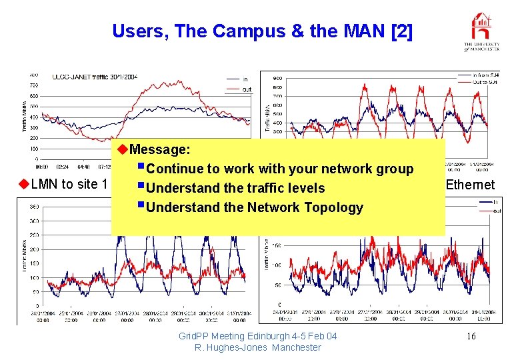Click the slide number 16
tap(471, 336)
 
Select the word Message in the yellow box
tap(160, 149)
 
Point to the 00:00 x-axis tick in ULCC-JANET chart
tap(41, 167)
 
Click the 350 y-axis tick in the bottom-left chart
tap(31, 207)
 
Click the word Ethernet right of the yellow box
tap(470, 185)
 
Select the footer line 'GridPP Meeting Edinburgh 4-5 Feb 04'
tap(258, 336)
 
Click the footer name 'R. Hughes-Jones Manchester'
tap(258, 347)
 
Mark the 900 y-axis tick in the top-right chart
tap(277, 78)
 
